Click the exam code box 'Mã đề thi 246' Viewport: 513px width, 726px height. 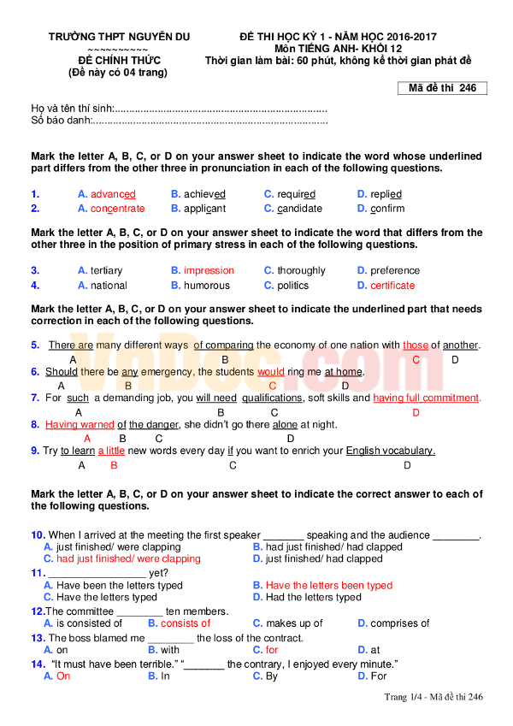point(443,88)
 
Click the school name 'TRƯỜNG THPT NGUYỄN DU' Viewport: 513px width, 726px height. point(119,38)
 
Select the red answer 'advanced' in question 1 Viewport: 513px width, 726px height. point(113,194)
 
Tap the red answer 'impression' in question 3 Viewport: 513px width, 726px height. point(209,270)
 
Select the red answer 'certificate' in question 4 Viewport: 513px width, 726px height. point(392,286)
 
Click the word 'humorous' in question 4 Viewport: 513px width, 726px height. point(206,286)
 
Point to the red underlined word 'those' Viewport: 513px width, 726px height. point(416,345)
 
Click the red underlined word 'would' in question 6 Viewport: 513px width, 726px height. point(271,372)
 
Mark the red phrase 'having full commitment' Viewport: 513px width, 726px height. point(426,398)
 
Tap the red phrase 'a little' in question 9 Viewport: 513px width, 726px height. point(111,451)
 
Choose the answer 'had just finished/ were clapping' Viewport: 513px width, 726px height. point(128,558)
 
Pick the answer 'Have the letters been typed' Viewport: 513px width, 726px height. point(329,586)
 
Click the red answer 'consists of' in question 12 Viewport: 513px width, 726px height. point(186,623)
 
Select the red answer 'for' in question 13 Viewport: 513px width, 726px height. point(272,650)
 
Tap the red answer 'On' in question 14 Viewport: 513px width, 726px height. point(63,676)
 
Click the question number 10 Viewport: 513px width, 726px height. point(38,534)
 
